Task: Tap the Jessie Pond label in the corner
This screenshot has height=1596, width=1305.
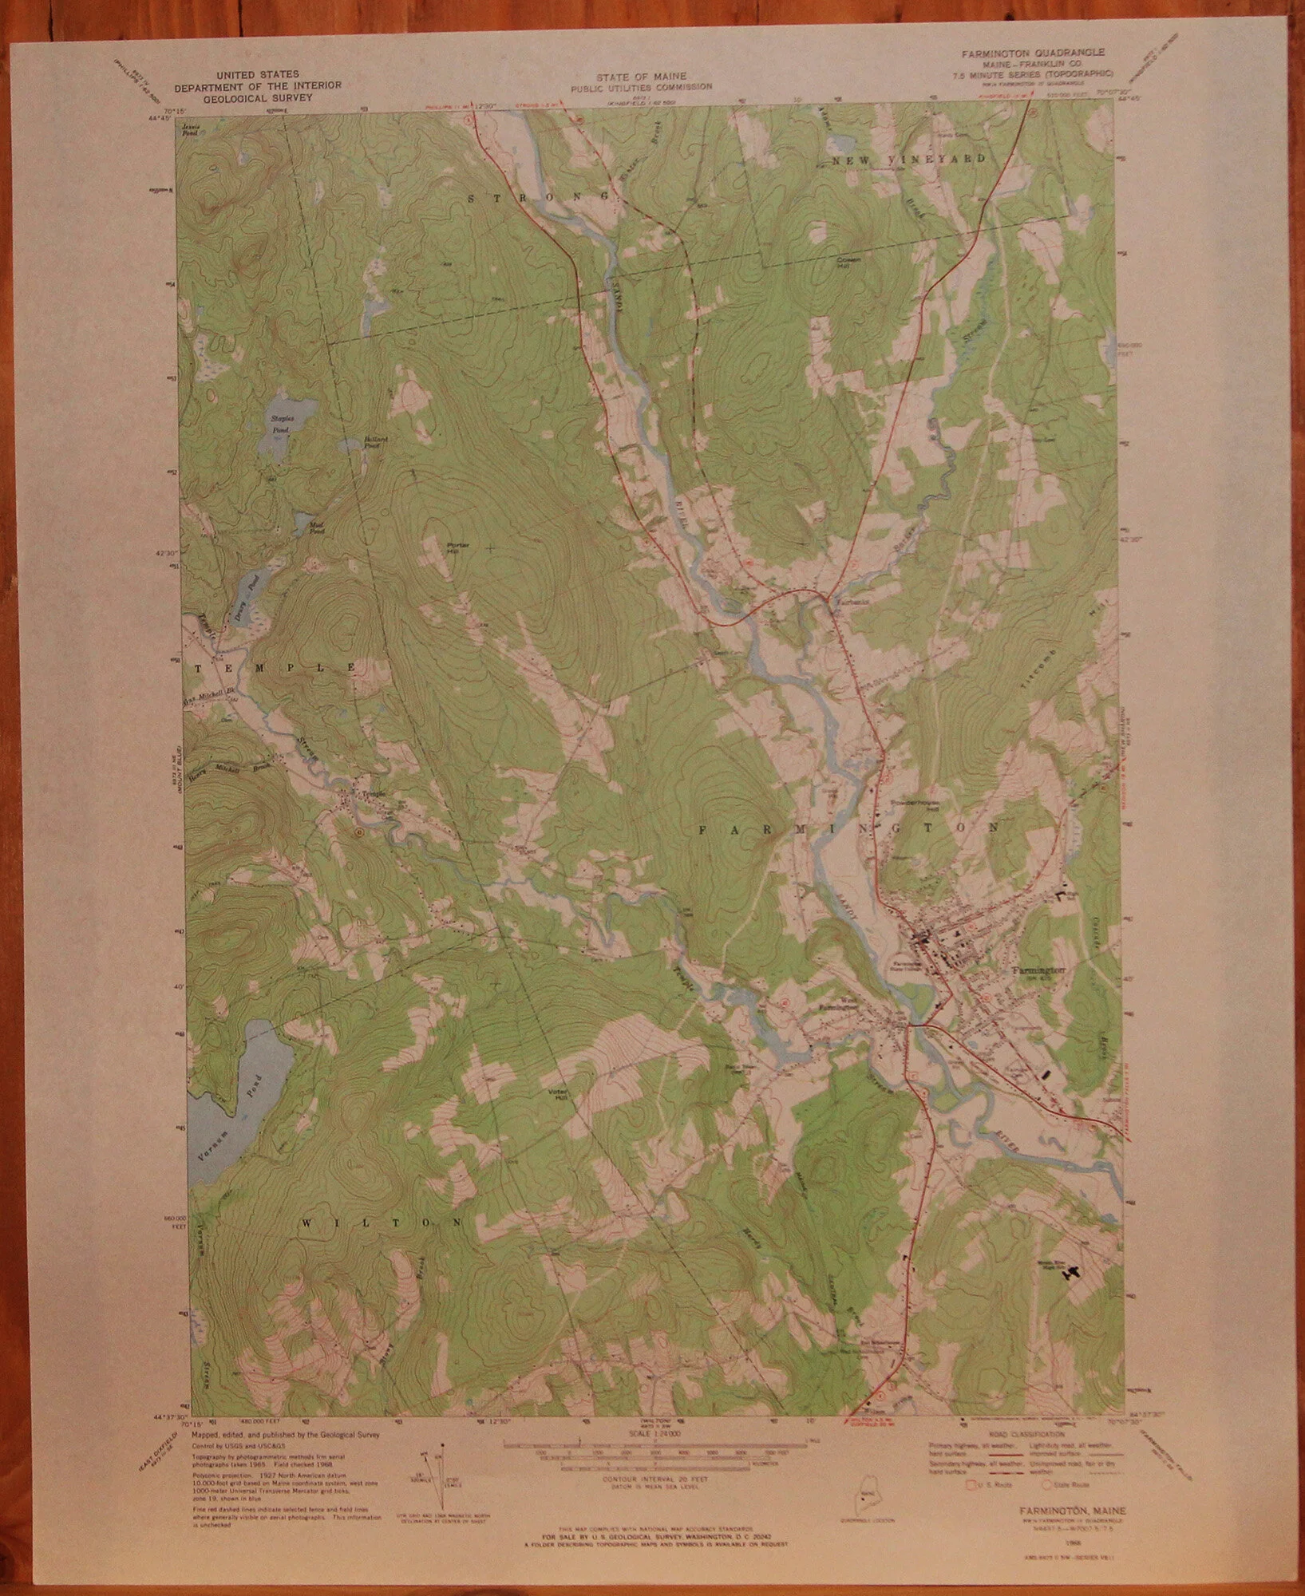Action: click(191, 128)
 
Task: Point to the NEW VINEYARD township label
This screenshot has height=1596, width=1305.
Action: click(909, 159)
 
